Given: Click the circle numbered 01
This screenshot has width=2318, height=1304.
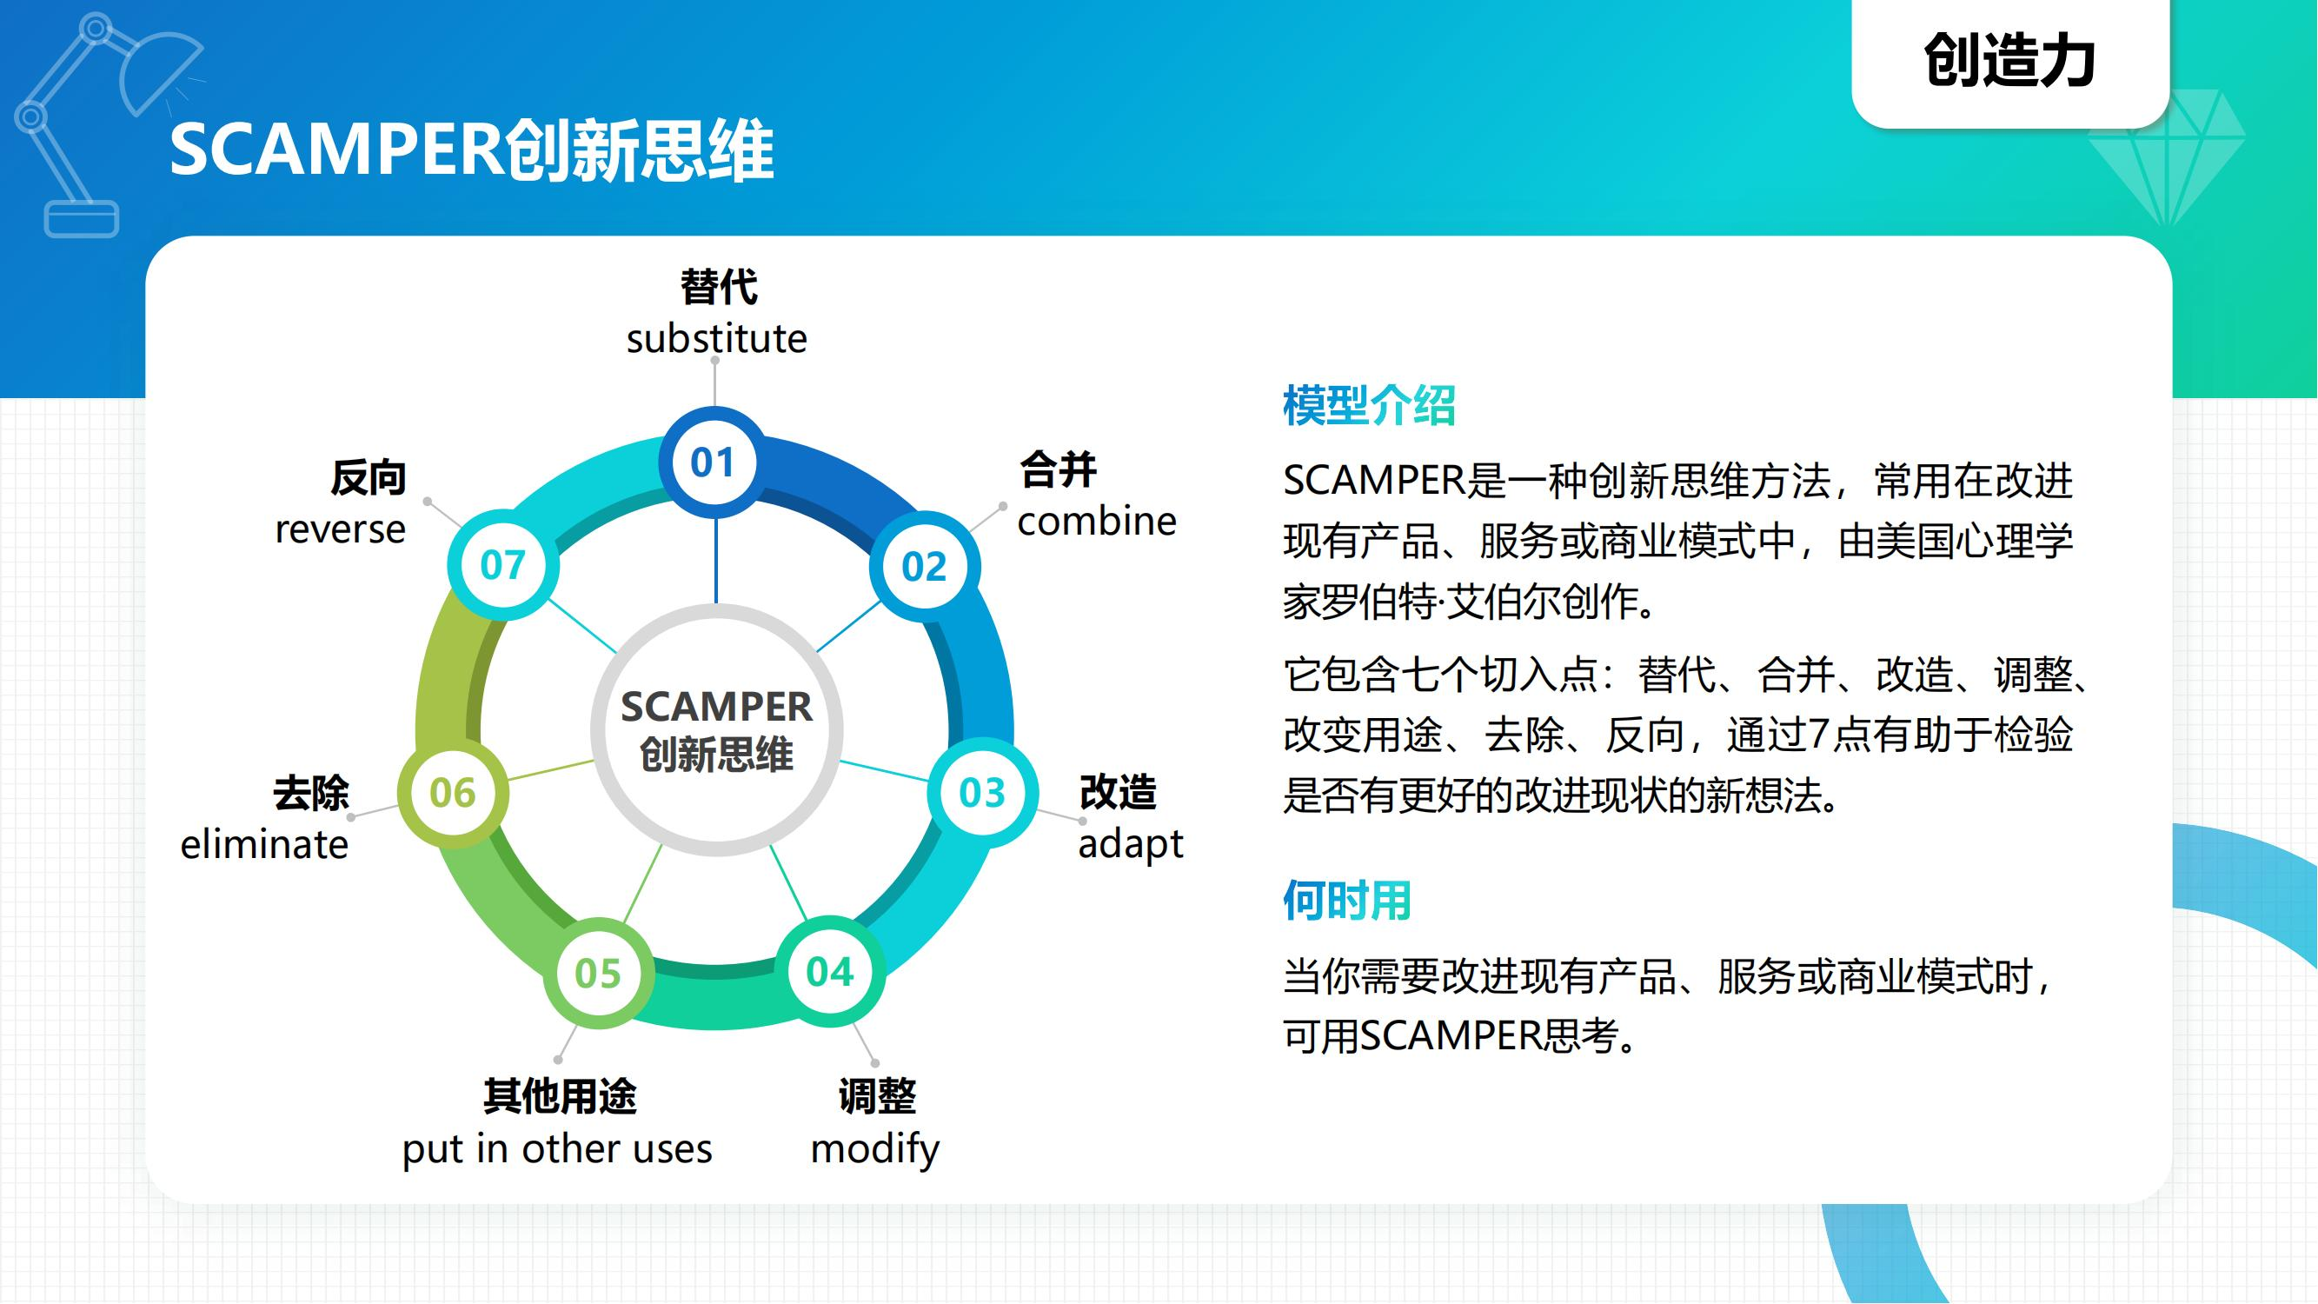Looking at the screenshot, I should (714, 462).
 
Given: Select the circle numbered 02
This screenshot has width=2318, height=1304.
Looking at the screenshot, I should (924, 566).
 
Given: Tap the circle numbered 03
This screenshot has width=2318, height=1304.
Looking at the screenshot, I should (982, 793).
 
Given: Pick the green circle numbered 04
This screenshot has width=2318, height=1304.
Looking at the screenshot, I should (830, 972).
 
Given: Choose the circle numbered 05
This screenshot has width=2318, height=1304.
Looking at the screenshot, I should (598, 974).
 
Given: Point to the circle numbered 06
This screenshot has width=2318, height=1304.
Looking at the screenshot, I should (453, 793).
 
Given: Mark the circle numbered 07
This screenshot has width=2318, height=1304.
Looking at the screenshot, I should (503, 565).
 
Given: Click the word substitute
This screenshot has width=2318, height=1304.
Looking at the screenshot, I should (716, 339).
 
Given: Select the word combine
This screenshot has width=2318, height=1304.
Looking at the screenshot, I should (1096, 521).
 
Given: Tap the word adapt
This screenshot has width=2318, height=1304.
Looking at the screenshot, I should (1130, 844).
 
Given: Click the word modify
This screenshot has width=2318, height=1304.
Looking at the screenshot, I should (874, 1149).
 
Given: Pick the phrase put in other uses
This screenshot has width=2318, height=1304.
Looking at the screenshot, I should (557, 1149).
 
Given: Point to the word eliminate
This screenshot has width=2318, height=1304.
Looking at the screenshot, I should (264, 845).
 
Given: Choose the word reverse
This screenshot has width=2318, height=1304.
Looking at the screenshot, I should (340, 529).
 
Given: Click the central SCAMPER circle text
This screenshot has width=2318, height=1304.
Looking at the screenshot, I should (716, 730).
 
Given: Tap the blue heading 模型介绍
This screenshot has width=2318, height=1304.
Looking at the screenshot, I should (1369, 405).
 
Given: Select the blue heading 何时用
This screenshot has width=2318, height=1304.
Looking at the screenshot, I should (1346, 900).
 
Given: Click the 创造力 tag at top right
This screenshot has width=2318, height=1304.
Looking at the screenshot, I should (2009, 61).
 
